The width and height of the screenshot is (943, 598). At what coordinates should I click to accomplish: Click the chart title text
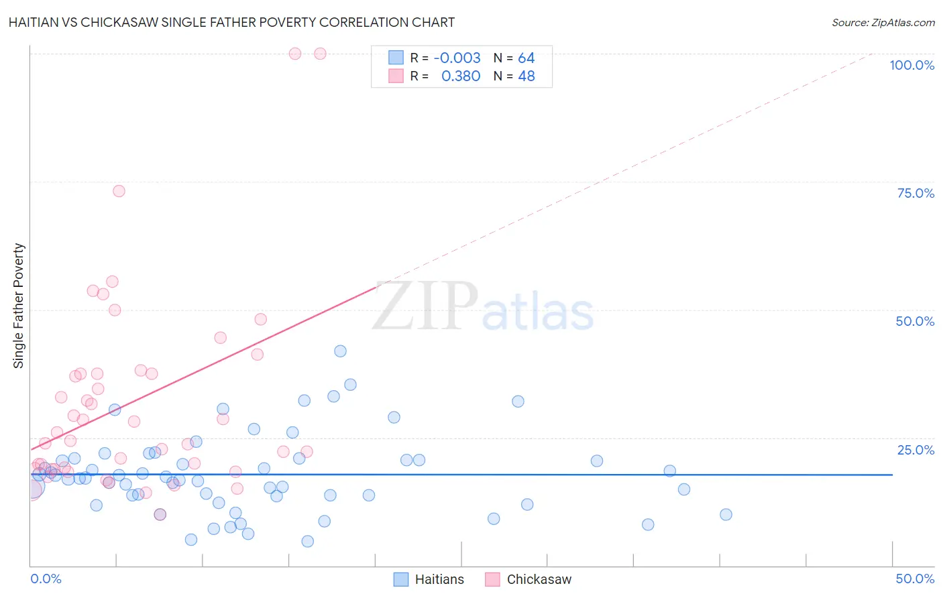point(231,22)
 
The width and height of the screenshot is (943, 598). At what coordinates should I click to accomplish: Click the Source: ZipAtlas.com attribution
point(883,22)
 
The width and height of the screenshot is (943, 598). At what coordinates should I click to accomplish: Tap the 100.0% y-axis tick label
point(911,65)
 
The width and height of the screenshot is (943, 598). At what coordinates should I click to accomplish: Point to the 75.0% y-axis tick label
point(916,193)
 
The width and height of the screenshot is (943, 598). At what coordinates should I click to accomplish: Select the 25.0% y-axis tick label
point(916,449)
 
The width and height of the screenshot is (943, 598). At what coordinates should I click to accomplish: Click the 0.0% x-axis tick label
point(46,579)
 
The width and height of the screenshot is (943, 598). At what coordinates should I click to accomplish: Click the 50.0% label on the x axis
point(915,579)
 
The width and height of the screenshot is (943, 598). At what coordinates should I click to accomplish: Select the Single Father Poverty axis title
point(19,306)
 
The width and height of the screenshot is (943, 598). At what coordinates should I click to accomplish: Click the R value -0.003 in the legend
point(457,58)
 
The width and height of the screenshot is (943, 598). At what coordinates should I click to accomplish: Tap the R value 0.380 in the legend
point(460,76)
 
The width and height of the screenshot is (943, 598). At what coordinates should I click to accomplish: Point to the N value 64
point(526,58)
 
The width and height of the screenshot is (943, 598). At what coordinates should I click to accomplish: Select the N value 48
point(526,76)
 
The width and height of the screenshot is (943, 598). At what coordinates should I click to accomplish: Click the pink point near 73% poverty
point(119,191)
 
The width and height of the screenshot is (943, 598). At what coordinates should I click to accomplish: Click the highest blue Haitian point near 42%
point(340,351)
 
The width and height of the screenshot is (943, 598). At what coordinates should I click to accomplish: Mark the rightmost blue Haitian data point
point(726,515)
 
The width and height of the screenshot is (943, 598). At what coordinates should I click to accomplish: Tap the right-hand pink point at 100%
point(320,54)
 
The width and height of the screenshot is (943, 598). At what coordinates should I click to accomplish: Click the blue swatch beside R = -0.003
point(396,58)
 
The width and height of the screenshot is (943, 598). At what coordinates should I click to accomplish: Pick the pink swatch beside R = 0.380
point(396,76)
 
